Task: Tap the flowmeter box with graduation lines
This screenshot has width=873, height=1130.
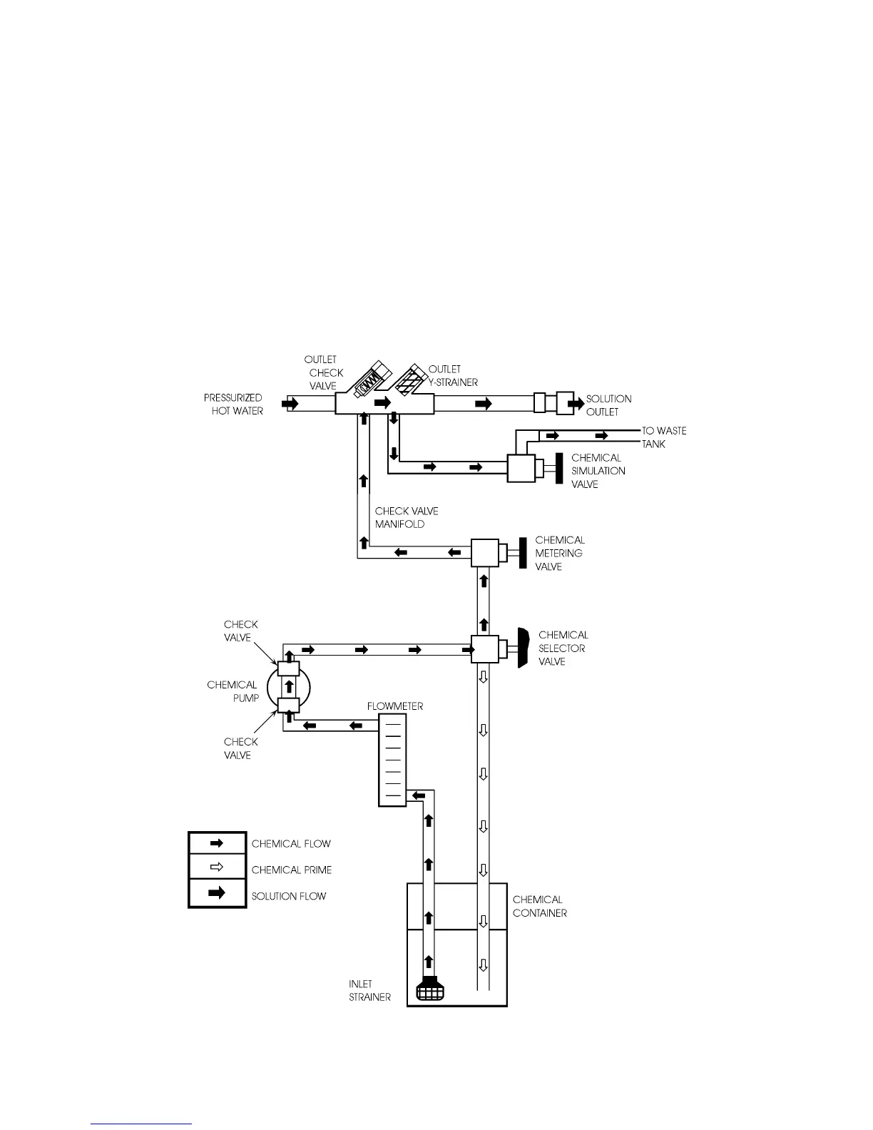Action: coord(392,761)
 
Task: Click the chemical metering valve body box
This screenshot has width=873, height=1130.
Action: coord(484,553)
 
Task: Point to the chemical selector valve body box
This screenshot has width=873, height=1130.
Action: coord(484,648)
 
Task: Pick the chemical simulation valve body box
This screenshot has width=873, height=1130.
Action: coord(521,469)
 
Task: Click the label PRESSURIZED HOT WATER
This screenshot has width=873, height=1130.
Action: coord(233,404)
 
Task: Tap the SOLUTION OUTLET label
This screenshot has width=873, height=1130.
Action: coord(608,405)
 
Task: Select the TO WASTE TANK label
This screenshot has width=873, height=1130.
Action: coord(663,437)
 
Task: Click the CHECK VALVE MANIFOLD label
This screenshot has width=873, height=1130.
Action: coord(407,517)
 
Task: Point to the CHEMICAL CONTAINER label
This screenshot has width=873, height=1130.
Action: coord(539,906)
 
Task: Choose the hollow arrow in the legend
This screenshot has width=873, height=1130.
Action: coord(218,868)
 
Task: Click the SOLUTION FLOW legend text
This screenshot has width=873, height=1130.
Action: coord(288,896)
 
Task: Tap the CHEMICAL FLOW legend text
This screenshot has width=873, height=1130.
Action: coord(291,844)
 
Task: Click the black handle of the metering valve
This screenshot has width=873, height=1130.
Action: coord(523,554)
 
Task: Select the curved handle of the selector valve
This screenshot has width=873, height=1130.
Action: coord(523,648)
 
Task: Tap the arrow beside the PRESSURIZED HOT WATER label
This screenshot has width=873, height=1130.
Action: coord(290,404)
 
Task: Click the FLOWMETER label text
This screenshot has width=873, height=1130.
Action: coord(395,706)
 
